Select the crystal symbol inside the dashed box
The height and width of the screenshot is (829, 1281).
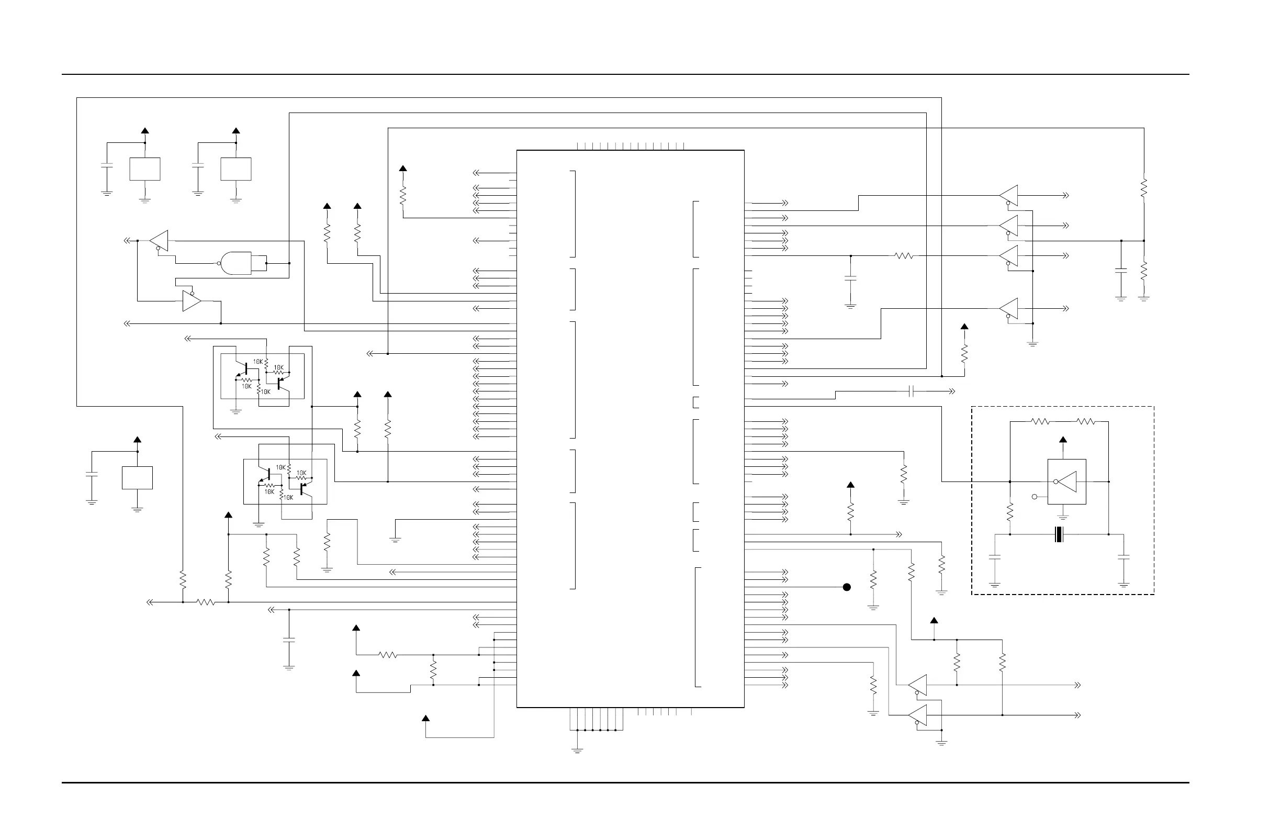[x=1059, y=534]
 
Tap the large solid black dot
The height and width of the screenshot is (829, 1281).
[x=847, y=587]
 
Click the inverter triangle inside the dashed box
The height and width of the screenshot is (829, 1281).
[x=1068, y=482]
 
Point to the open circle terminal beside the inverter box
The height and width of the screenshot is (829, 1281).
[x=1035, y=497]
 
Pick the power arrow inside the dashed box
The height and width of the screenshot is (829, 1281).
[x=1063, y=440]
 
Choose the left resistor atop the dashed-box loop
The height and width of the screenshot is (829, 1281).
[x=1040, y=421]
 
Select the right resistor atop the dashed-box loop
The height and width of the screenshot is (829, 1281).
[x=1086, y=421]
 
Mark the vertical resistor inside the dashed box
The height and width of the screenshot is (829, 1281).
[x=1010, y=511]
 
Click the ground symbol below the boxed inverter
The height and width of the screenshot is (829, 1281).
[x=1063, y=516]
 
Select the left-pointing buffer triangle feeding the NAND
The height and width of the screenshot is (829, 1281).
[x=159, y=241]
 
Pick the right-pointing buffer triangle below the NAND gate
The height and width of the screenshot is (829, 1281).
[x=192, y=301]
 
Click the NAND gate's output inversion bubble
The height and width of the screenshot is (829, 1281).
[x=219, y=263]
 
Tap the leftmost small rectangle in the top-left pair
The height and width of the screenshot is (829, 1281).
[x=145, y=169]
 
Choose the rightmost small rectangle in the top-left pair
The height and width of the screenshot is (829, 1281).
[x=236, y=169]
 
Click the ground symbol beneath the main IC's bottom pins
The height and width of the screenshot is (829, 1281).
[x=577, y=749]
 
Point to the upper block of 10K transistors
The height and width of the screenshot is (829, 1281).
[x=262, y=376]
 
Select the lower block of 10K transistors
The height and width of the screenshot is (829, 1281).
[x=285, y=482]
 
